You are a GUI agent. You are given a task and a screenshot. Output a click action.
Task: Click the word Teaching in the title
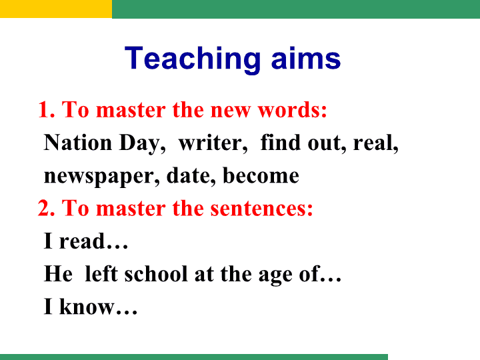click(193, 59)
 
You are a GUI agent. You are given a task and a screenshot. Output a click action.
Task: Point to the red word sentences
click(261, 209)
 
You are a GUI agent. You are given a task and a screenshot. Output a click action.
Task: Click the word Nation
click(78, 143)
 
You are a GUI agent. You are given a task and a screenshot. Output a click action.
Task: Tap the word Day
click(143, 143)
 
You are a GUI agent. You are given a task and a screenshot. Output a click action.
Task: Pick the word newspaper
click(102, 177)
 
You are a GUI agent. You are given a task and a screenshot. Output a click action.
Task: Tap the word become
click(261, 175)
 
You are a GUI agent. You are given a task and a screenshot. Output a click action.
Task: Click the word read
click(82, 241)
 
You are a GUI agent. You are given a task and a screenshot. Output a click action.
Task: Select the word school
click(156, 273)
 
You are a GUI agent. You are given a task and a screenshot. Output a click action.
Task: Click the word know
click(87, 306)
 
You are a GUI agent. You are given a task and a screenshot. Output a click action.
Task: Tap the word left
click(101, 273)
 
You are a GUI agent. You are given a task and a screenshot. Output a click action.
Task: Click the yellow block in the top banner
click(56, 9)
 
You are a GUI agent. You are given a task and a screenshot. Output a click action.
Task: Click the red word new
click(230, 111)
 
